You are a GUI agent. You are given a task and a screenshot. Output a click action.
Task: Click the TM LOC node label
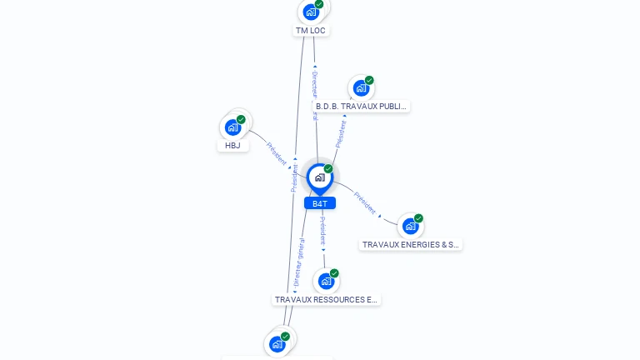click(311, 31)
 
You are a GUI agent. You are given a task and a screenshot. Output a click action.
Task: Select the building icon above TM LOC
click(311, 12)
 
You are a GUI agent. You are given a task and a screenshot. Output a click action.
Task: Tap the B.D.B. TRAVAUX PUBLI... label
click(361, 107)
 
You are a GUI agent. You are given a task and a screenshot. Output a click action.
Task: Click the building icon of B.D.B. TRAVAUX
click(360, 87)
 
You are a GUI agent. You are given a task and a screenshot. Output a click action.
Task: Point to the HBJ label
click(232, 145)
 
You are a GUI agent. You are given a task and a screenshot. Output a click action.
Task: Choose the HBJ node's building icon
click(232, 127)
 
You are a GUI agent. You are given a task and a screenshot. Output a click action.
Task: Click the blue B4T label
click(320, 203)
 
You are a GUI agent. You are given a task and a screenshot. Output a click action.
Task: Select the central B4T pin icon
click(319, 177)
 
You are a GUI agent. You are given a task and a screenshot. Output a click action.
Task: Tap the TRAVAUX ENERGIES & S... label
click(410, 245)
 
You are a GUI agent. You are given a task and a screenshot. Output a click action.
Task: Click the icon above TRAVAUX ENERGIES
click(409, 226)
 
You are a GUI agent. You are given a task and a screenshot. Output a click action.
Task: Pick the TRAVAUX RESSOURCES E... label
click(326, 299)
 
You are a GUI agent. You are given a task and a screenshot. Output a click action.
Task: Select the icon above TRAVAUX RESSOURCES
click(326, 281)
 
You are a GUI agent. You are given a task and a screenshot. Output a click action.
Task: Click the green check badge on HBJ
click(241, 119)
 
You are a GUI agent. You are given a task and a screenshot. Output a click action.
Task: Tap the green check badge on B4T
click(328, 168)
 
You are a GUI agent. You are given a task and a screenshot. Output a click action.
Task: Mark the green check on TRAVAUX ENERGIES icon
click(418, 218)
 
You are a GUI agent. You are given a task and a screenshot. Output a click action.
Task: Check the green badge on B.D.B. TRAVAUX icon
click(369, 80)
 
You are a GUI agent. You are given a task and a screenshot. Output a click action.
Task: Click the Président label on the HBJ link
click(277, 153)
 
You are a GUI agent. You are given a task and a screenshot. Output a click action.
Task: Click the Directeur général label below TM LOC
click(315, 93)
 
